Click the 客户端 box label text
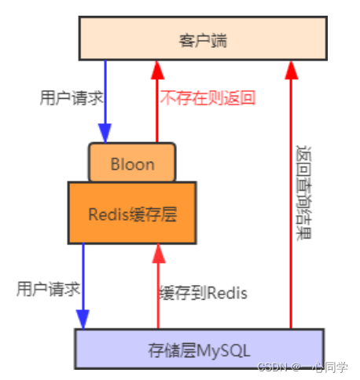203,41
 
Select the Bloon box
132,163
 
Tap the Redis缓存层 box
132,213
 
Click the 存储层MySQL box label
199,350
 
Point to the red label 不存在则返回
208,98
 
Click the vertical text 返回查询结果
303,192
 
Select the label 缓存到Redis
204,293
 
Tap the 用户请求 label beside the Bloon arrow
72,98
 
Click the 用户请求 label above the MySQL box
48,289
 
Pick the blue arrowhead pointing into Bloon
105,133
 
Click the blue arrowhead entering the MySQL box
83,320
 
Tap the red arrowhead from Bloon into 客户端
157,70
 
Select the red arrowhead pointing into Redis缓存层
159,254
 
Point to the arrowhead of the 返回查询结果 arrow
291,70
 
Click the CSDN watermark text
303,367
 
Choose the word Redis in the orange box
108,214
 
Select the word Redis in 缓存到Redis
227,293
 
